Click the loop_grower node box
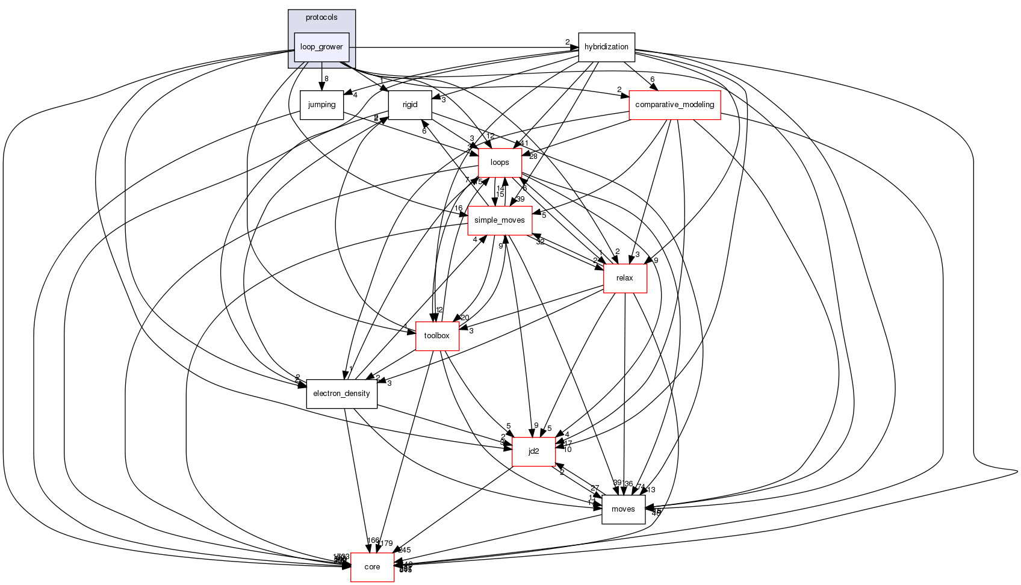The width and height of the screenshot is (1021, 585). tap(321, 47)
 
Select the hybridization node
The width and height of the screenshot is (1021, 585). tap(606, 47)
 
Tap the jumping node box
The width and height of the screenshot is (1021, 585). tap(321, 105)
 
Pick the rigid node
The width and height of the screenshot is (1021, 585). tap(410, 105)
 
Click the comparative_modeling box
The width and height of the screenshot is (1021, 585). tap(674, 105)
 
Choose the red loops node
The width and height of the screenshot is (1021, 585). tap(500, 162)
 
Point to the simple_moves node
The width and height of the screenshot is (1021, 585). tap(500, 220)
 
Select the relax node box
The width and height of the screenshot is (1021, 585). tap(625, 278)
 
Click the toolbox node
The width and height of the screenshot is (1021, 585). tap(437, 336)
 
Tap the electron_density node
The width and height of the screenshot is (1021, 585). tap(341, 394)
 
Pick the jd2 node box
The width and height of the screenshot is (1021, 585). tap(533, 451)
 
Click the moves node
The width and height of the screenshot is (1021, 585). tap(623, 509)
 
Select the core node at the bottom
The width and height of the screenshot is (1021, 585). tap(372, 567)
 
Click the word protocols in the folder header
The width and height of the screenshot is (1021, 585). tap(321, 17)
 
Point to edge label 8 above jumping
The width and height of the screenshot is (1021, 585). tap(326, 79)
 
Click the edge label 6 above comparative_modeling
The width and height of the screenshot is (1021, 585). tap(652, 79)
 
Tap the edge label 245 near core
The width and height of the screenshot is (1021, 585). tap(404, 550)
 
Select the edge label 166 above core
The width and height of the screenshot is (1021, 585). tap(373, 540)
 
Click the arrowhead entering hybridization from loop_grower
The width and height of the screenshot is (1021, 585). tap(574, 47)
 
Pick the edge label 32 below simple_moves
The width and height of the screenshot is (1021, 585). tap(540, 242)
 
